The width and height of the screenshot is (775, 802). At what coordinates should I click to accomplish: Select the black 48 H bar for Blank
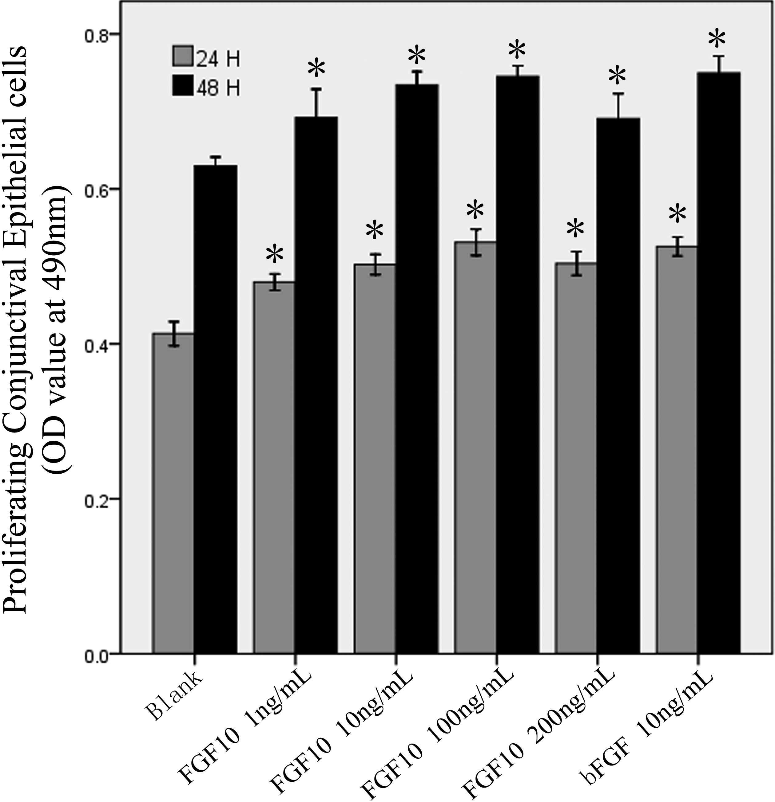(x=216, y=409)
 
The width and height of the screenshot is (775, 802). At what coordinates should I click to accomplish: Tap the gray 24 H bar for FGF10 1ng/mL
(x=274, y=467)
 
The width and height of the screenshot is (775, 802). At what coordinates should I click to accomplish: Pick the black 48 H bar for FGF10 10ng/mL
(x=417, y=368)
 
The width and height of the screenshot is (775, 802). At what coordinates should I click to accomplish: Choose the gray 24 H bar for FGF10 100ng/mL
(x=475, y=446)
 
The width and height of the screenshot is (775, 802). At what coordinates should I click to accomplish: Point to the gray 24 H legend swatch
(x=181, y=57)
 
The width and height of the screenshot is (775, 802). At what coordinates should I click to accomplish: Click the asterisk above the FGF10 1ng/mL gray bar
(x=274, y=256)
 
